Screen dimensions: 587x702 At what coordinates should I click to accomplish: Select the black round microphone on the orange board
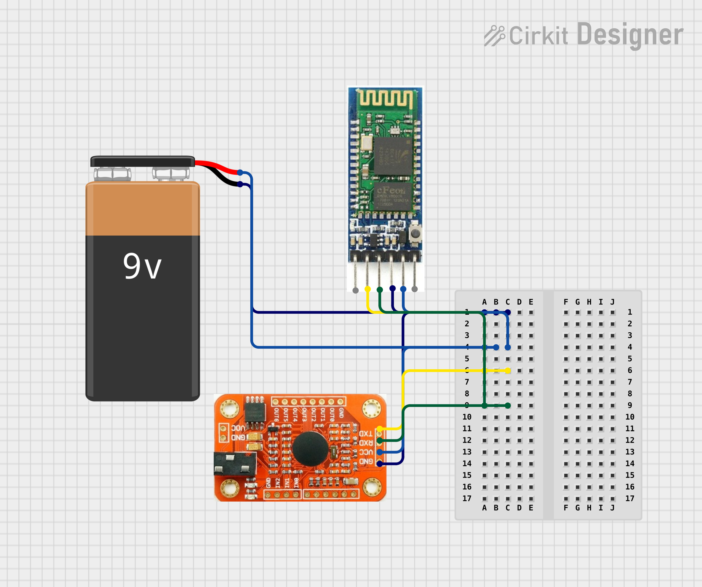[310, 449]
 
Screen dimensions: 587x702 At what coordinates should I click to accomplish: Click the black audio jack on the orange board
[234, 464]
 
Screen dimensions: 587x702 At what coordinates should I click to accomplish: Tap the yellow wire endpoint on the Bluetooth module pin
[368, 289]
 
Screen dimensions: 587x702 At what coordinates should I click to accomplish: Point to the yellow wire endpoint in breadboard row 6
[508, 371]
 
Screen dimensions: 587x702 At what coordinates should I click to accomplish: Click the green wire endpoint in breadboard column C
[508, 406]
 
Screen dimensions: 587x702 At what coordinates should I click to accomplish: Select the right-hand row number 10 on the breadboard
[630, 417]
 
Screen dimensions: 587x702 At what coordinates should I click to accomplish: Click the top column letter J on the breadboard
[612, 302]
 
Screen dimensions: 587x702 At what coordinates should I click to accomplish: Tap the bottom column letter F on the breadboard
[566, 508]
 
